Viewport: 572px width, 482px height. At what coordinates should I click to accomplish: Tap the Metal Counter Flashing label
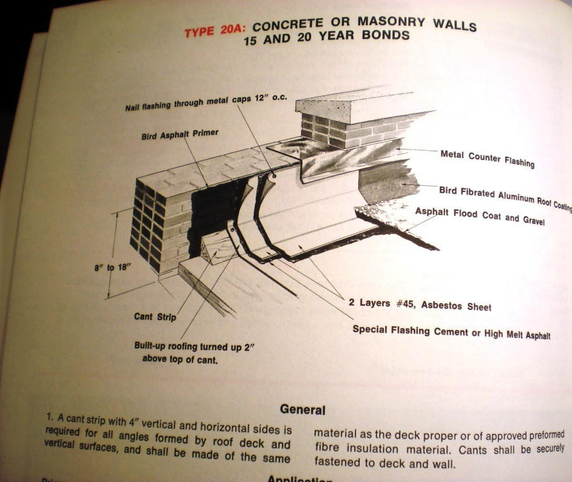[x=487, y=159]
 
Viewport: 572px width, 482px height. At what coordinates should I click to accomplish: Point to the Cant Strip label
[x=155, y=317]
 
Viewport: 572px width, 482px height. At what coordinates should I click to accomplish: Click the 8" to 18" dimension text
[x=113, y=267]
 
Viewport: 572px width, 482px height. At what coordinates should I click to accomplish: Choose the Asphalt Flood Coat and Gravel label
[x=480, y=216]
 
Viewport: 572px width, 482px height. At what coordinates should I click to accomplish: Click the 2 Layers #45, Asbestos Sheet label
[x=420, y=305]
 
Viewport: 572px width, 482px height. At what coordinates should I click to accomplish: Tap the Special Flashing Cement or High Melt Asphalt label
[x=451, y=333]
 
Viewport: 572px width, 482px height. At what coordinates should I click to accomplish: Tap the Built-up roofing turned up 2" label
[x=194, y=346]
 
